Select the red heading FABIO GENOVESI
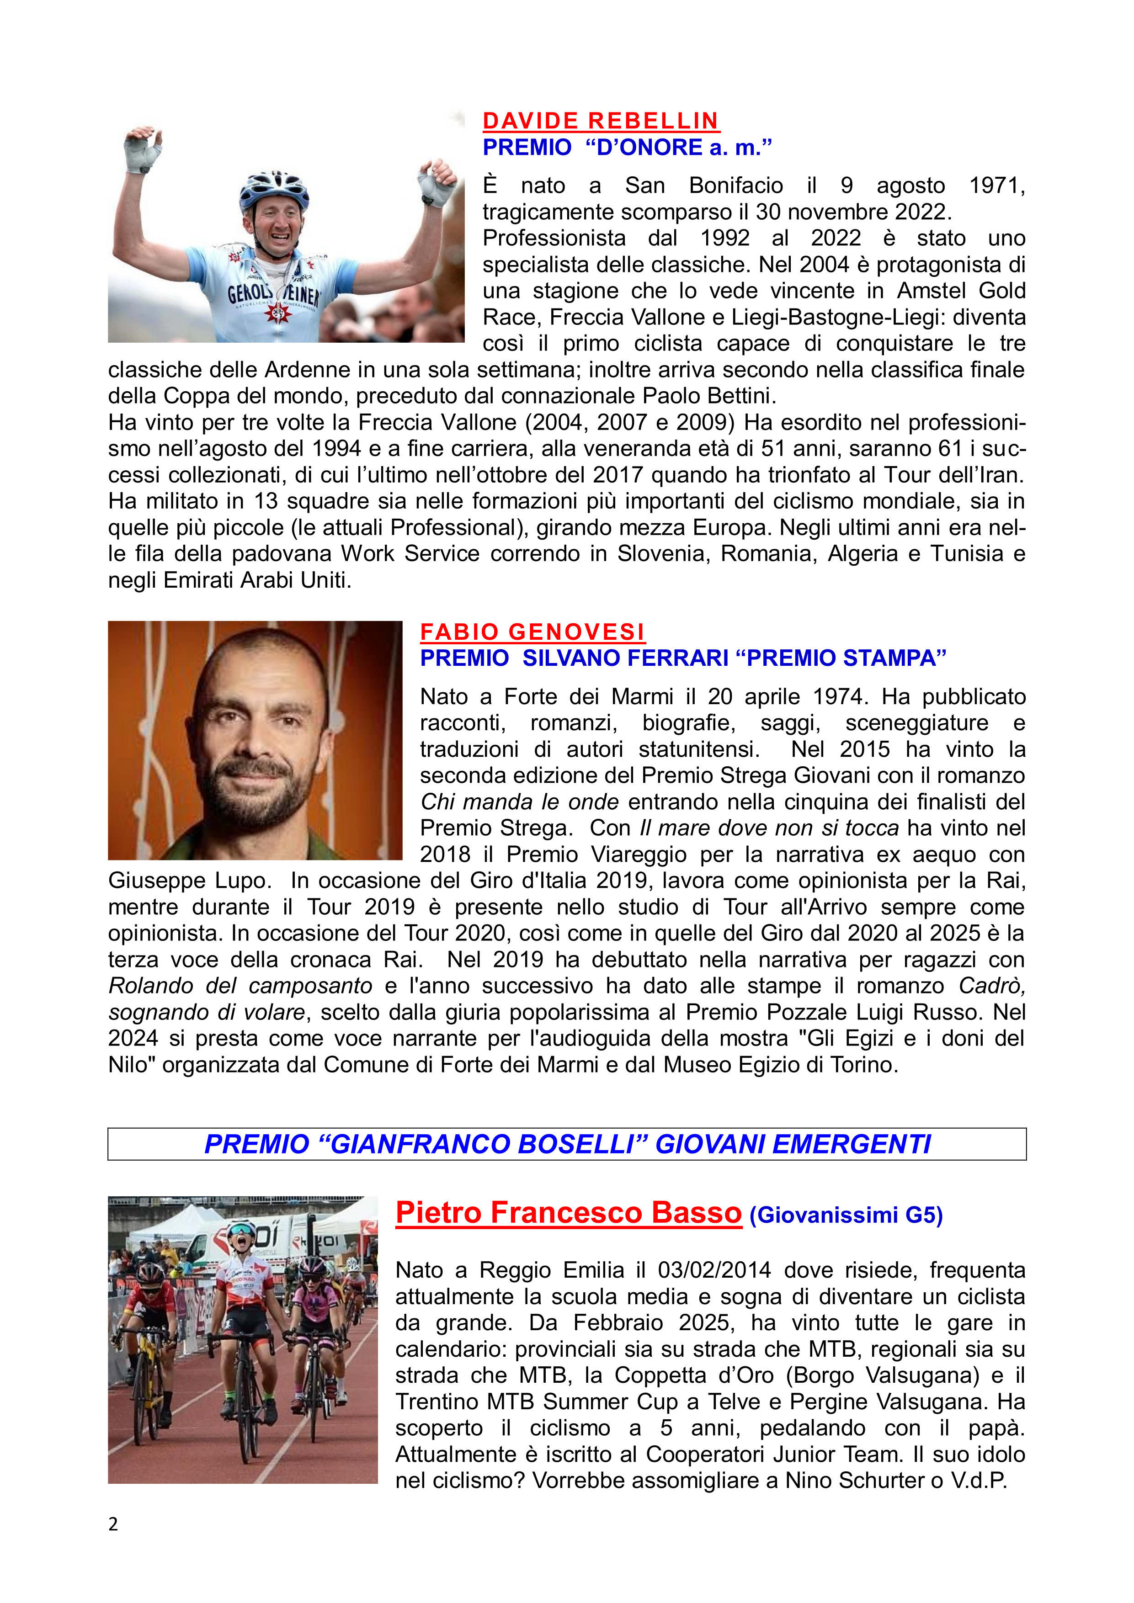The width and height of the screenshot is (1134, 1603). pos(532,632)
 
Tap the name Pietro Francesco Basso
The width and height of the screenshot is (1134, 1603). pos(569,1213)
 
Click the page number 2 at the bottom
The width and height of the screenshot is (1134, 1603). pos(113,1524)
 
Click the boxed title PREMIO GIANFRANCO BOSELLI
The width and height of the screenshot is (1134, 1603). pos(567,1144)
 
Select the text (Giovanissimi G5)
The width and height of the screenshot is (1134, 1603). pos(846,1216)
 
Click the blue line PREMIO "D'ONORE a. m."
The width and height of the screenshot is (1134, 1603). pos(627,147)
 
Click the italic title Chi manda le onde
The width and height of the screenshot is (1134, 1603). pos(520,801)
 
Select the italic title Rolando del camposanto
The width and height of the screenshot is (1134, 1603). pos(240,986)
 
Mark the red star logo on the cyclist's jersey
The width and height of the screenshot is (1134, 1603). pos(278,312)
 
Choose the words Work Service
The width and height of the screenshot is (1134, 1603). pos(410,554)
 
